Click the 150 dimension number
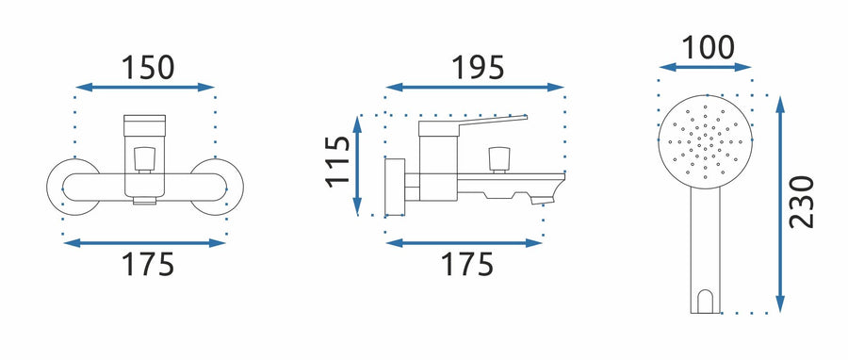point(148,68)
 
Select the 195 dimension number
point(478,68)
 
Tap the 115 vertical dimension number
point(338,161)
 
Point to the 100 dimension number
point(708,47)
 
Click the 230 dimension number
point(802,202)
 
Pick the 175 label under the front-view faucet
point(148,264)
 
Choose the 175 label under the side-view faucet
point(466,264)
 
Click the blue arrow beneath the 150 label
point(145,87)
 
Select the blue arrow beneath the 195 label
point(475,87)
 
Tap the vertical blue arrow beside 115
point(357,166)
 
